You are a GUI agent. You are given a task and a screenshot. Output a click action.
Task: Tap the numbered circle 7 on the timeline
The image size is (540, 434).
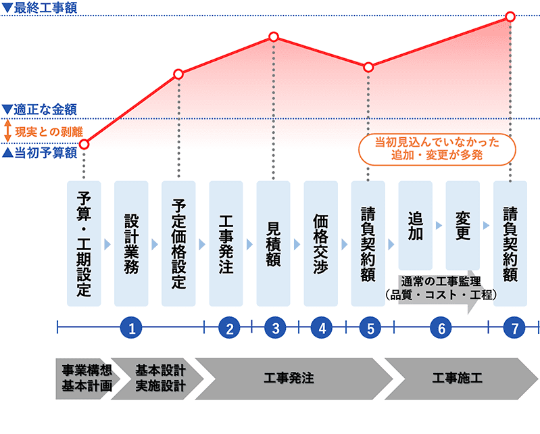515,329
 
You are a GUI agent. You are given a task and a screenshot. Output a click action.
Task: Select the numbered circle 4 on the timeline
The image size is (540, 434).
322,329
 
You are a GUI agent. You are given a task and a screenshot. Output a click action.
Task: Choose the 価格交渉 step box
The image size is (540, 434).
321,243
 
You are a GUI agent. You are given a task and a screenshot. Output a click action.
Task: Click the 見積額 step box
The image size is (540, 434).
274,243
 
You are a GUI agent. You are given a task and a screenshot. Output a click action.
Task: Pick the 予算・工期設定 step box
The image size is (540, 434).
84,243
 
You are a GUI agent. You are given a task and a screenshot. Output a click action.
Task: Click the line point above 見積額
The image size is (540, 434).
274,36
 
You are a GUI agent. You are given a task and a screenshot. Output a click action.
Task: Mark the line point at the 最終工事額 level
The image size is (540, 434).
510,16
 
